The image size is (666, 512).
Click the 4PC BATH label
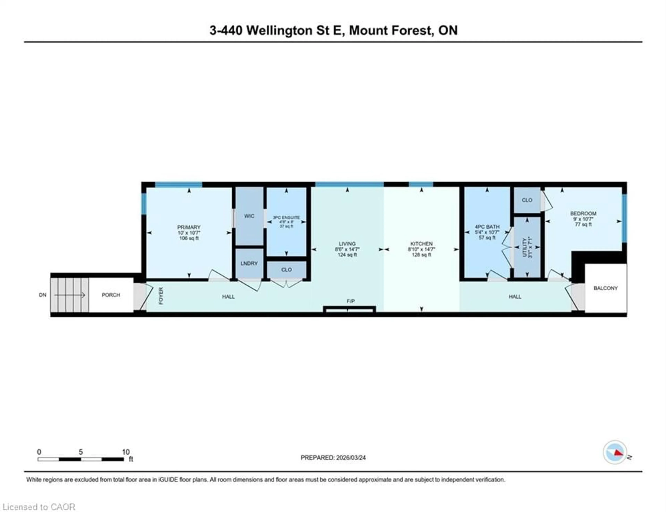[487, 227]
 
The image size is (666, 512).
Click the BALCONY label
[605, 288]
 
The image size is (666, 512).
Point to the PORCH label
[111, 295]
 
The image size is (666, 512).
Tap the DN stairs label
[43, 295]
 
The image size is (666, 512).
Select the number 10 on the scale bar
[126, 452]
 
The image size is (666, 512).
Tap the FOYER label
[161, 296]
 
